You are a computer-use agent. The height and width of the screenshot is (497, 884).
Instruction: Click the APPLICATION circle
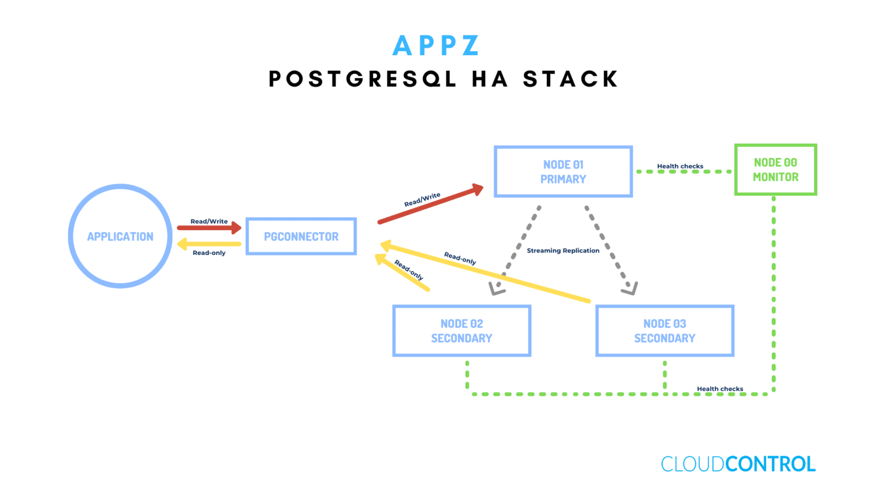point(120,236)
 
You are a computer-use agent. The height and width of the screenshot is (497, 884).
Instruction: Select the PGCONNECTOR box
point(301,236)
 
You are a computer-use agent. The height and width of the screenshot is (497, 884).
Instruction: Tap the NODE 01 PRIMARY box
point(563,172)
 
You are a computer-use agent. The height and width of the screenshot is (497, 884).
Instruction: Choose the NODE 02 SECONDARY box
point(462,331)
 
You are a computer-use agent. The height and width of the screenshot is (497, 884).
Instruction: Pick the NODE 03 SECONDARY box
point(665,331)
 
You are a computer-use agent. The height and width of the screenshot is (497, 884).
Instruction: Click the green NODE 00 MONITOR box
point(775,170)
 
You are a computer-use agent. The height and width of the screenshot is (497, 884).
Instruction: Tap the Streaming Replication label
point(563,251)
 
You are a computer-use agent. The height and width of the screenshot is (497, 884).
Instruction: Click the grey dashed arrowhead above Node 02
point(497,288)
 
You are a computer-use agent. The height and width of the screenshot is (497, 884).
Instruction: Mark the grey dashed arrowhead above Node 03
point(630,288)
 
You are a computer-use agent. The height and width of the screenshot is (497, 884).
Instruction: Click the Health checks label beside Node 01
point(680,166)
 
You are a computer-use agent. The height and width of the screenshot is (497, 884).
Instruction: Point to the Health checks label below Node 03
point(719,389)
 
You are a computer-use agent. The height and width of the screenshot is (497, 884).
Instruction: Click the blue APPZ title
point(436,46)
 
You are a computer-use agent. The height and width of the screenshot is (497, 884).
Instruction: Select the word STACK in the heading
point(570,79)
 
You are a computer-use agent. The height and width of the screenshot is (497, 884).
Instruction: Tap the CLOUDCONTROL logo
point(738,464)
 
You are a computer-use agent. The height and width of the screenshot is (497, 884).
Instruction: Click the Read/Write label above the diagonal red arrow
point(422,199)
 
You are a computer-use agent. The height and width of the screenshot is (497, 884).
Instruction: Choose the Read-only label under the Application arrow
point(209,253)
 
